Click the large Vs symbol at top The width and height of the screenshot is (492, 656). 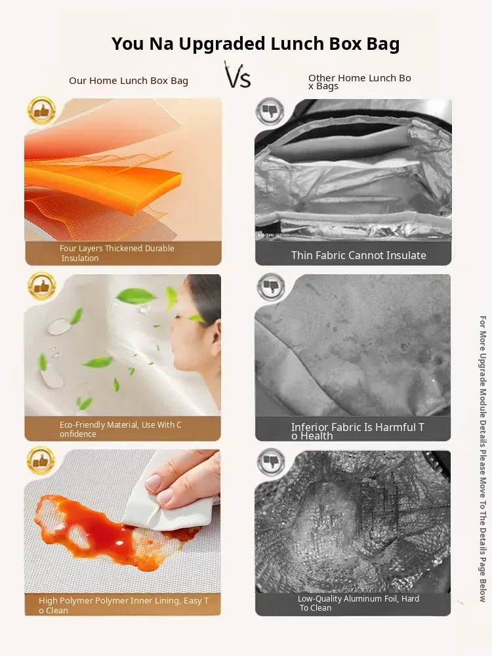click(x=237, y=75)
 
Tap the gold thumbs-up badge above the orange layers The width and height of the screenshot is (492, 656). click(x=41, y=111)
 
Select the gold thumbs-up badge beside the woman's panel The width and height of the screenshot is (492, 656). click(x=41, y=286)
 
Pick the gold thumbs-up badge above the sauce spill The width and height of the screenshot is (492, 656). click(x=41, y=461)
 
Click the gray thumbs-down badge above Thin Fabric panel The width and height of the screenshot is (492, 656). click(x=270, y=112)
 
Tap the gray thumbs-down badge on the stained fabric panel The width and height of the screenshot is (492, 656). click(x=271, y=287)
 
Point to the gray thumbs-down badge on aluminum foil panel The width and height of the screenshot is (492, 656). click(x=271, y=462)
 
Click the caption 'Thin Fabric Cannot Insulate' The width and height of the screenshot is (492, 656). click(x=359, y=255)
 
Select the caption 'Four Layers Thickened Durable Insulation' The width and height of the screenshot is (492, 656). click(x=117, y=253)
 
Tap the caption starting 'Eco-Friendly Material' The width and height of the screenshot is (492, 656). click(x=120, y=429)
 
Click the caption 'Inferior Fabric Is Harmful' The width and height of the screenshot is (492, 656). click(x=358, y=431)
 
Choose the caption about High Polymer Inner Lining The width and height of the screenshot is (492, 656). click(x=123, y=605)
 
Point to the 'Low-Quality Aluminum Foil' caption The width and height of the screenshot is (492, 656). click(x=359, y=603)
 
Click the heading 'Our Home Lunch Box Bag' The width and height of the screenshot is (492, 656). click(x=129, y=81)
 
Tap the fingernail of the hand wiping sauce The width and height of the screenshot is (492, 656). click(x=153, y=482)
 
